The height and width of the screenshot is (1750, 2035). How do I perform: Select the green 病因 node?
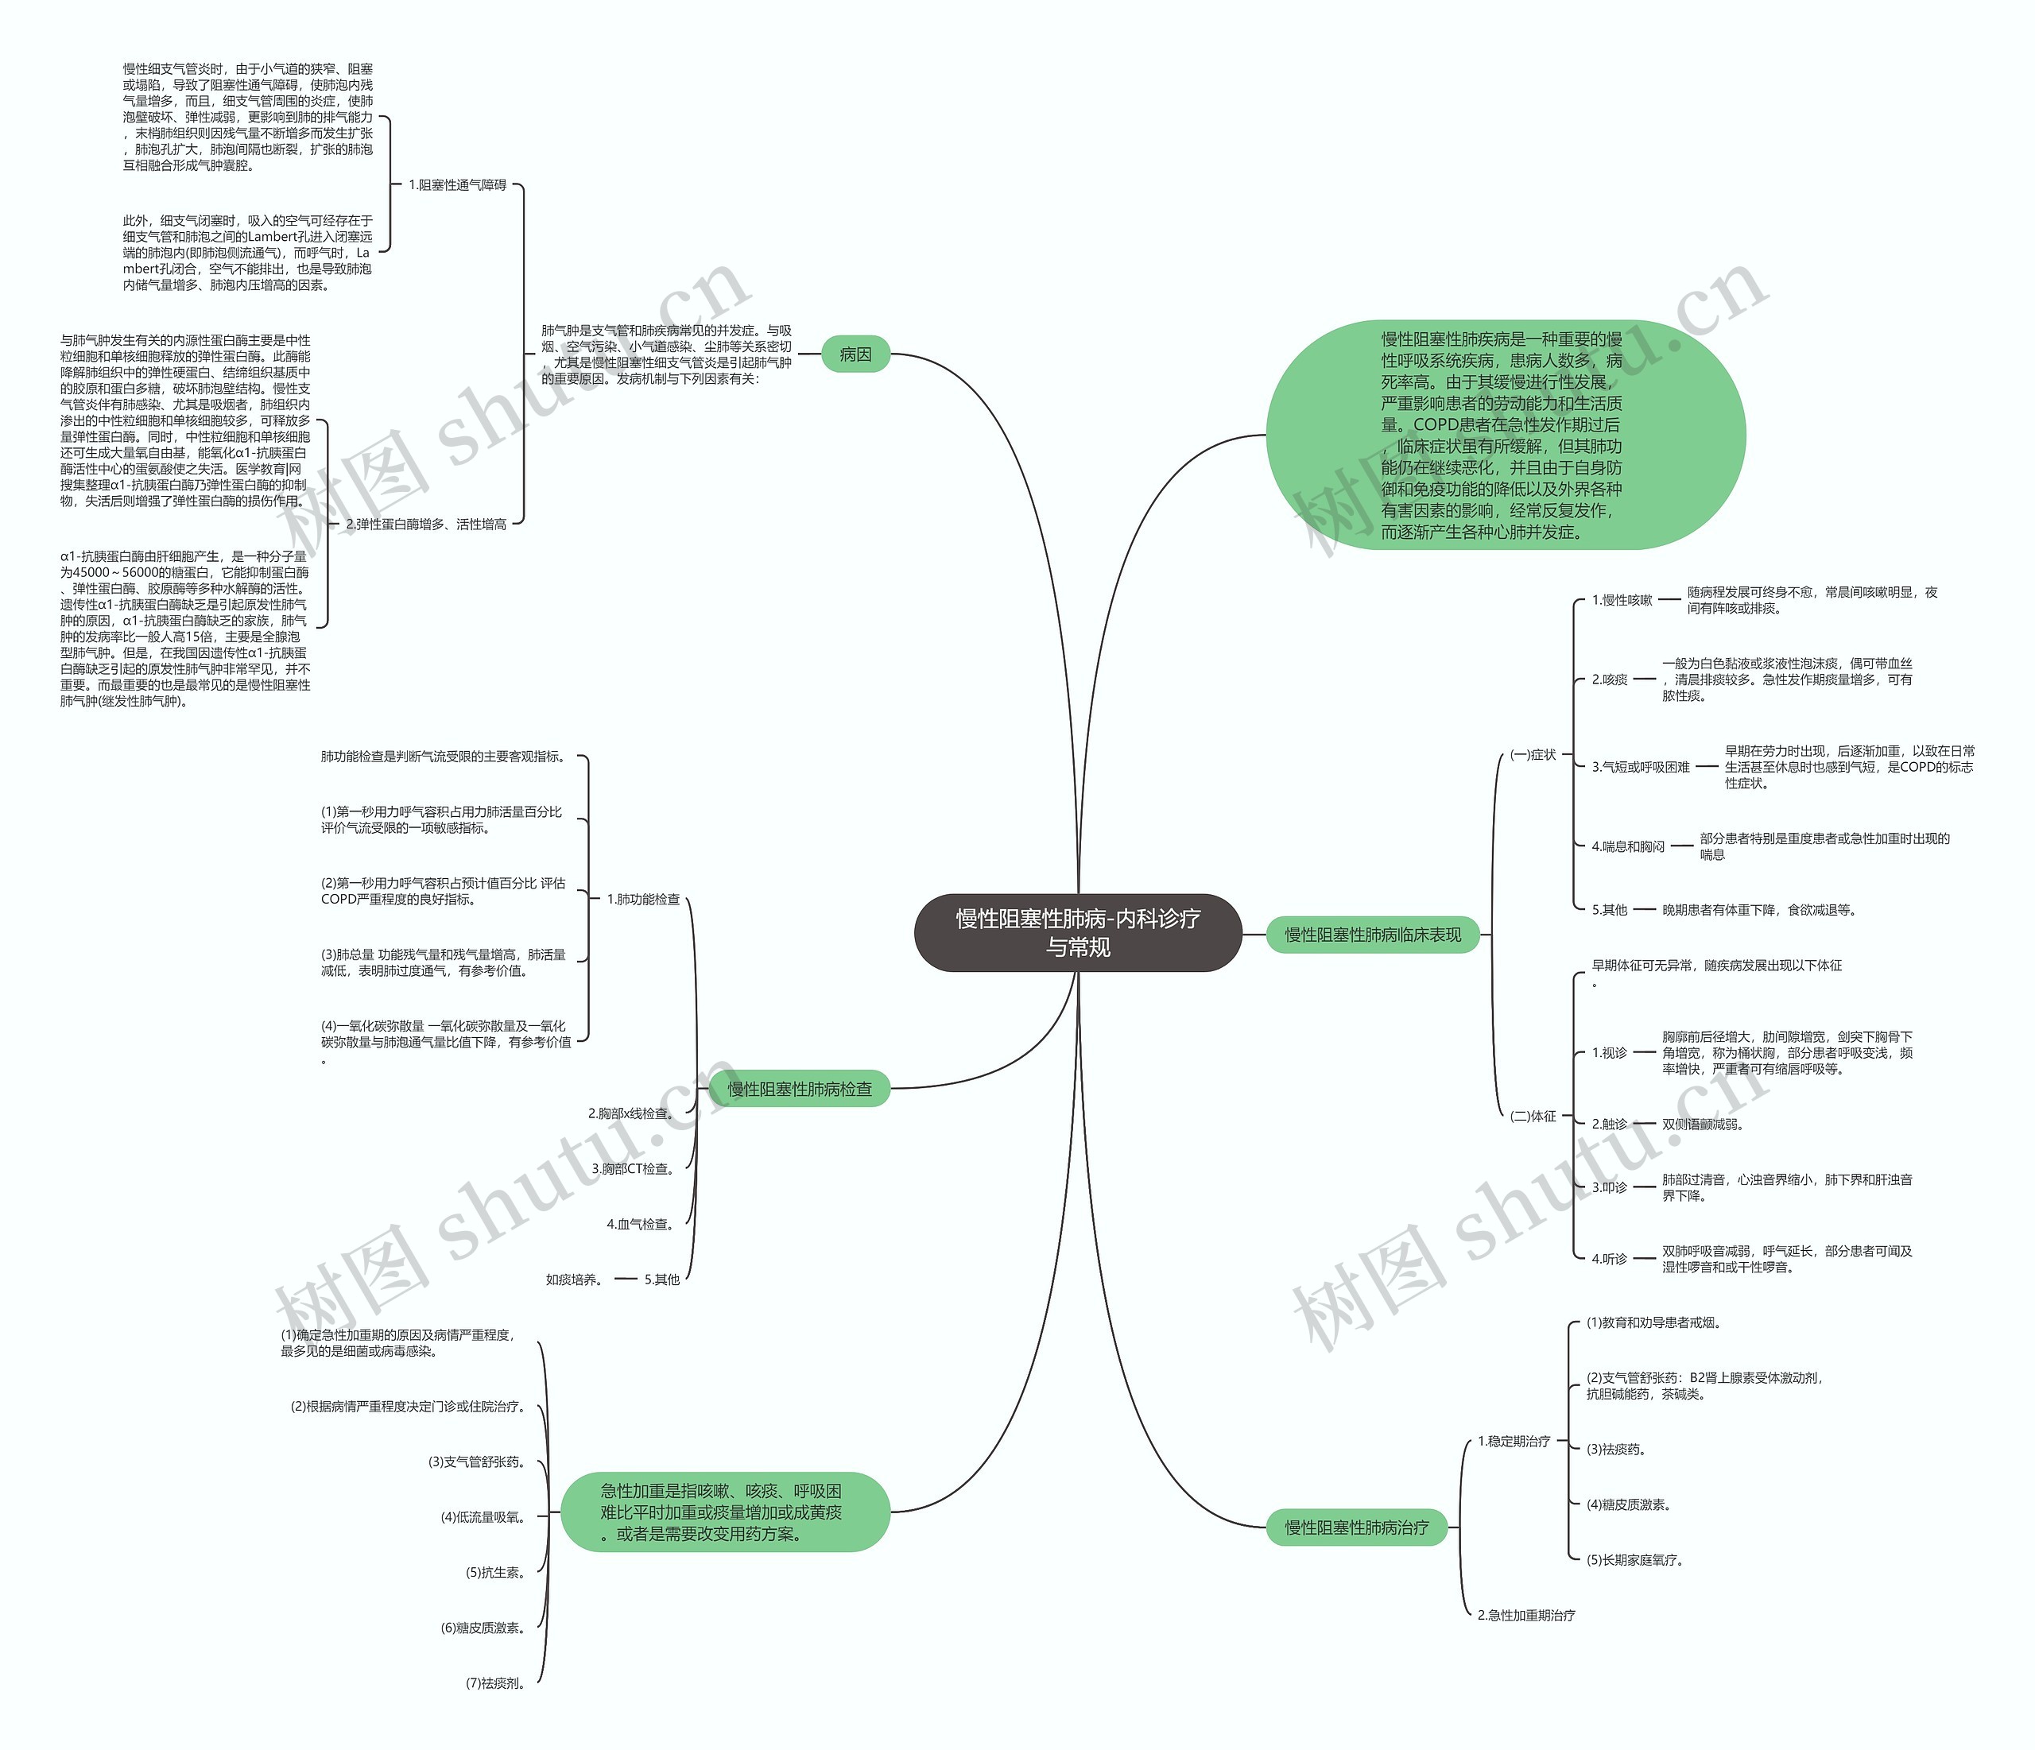pyautogui.click(x=855, y=354)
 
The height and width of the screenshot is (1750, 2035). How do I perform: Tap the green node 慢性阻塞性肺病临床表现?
pyautogui.click(x=1372, y=935)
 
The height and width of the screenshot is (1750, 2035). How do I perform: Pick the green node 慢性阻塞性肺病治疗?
pyautogui.click(x=1356, y=1527)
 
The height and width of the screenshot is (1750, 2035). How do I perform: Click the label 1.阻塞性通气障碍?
pyautogui.click(x=458, y=184)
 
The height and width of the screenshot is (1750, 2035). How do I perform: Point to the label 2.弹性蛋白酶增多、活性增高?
pyautogui.click(x=426, y=525)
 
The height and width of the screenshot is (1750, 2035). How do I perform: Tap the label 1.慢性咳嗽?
pyautogui.click(x=1622, y=600)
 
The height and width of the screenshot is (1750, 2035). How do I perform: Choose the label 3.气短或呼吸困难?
pyautogui.click(x=1640, y=767)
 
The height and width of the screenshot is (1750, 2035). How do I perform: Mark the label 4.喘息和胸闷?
pyautogui.click(x=1627, y=846)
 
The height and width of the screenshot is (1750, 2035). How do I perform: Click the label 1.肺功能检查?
pyautogui.click(x=642, y=899)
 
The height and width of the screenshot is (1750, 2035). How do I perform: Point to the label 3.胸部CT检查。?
pyautogui.click(x=633, y=1168)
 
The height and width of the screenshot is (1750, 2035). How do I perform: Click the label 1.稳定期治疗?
pyautogui.click(x=1514, y=1441)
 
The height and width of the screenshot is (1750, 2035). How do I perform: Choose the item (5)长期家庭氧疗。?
pyautogui.click(x=1634, y=1559)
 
